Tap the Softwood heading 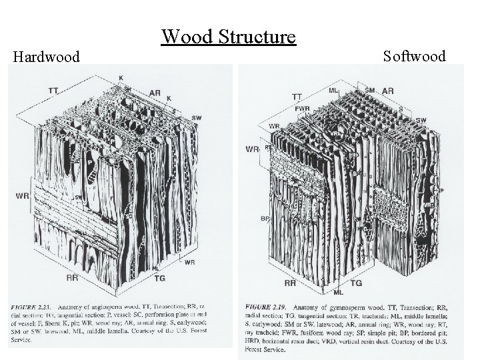[x=414, y=56]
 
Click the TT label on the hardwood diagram [x=53, y=90]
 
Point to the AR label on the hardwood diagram [x=155, y=93]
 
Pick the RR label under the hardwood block [x=73, y=277]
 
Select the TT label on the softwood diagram [x=297, y=97]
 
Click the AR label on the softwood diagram [x=387, y=91]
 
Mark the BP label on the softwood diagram [x=265, y=218]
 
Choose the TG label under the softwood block [x=357, y=283]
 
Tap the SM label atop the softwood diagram [x=370, y=90]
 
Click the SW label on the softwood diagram [x=421, y=120]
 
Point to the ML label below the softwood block [x=338, y=293]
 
